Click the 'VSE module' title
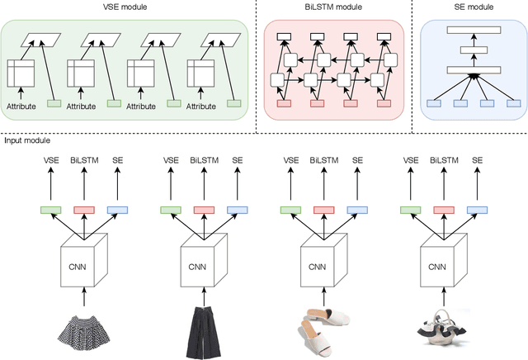pyautogui.click(x=127, y=7)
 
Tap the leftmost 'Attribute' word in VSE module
pyautogui.click(x=23, y=106)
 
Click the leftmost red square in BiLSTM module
pyautogui.click(x=283, y=103)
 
